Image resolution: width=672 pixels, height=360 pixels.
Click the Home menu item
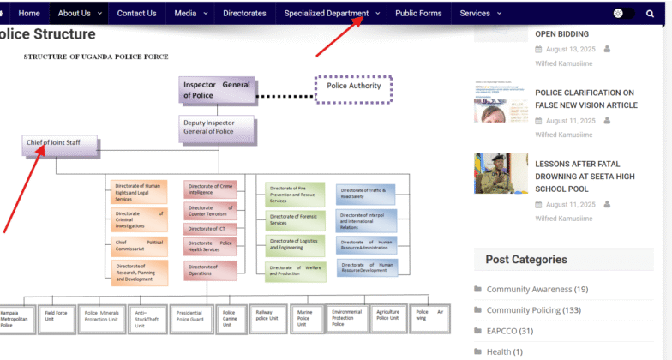(29, 13)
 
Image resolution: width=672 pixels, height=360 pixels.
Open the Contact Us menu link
(136, 13)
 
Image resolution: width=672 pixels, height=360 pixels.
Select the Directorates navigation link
(244, 13)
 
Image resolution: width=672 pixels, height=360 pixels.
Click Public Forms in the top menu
(418, 13)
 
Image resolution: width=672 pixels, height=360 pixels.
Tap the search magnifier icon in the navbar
(650, 13)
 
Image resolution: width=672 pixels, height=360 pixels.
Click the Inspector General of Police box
(217, 90)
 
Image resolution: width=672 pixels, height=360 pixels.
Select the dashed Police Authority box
(354, 88)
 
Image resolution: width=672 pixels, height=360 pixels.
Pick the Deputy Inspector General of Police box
(217, 127)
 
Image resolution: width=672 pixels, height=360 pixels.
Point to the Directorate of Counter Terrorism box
(211, 211)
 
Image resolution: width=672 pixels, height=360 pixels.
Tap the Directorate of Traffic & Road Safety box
(367, 194)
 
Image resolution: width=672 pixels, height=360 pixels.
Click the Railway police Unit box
(266, 316)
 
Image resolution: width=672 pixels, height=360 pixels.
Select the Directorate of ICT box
(211, 229)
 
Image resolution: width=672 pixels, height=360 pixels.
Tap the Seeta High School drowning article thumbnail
(501, 174)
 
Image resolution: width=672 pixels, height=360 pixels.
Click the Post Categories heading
(526, 260)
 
